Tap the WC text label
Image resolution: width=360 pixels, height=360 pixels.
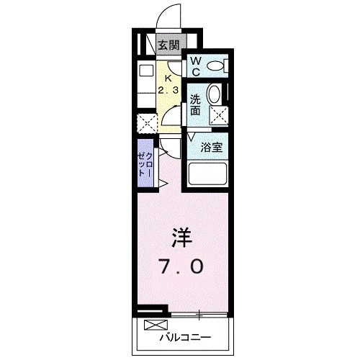tap(195, 67)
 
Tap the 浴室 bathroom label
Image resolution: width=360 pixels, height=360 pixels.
tap(210, 146)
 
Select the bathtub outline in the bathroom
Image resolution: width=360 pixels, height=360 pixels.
tap(207, 174)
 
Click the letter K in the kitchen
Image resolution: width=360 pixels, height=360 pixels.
tap(168, 79)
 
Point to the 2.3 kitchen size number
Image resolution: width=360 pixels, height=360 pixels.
tap(168, 91)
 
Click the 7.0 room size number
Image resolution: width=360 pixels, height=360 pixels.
tap(179, 266)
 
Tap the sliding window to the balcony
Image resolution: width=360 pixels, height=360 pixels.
tap(199, 314)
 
